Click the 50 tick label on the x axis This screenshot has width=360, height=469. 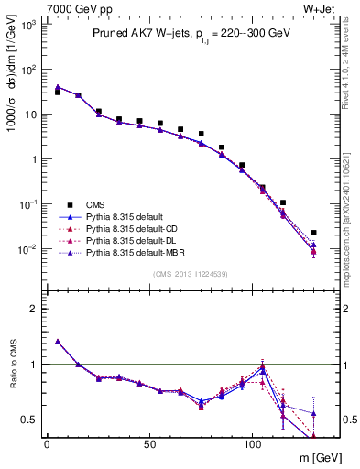click(149, 443)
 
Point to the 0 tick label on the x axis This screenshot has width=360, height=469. click(47, 443)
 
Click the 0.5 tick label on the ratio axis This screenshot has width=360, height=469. click(28, 420)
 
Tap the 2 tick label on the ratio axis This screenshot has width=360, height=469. click(34, 309)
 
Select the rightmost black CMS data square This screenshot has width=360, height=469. click(313, 233)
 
